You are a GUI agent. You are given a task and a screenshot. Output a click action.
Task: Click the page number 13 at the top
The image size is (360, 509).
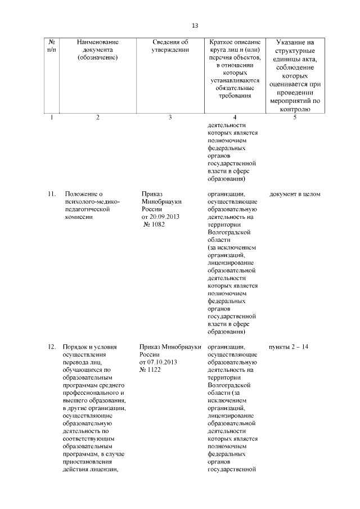pos(195,26)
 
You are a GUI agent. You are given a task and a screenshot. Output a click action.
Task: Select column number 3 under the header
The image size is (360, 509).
pos(170,117)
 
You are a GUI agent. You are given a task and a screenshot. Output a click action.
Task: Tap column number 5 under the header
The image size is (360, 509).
pos(294,117)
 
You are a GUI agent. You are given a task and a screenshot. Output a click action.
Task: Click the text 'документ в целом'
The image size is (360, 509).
pos(295,194)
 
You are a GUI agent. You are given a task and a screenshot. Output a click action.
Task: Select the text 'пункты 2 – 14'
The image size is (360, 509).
pos(289,346)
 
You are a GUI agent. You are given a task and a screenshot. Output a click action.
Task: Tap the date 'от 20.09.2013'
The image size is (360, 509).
pos(160,217)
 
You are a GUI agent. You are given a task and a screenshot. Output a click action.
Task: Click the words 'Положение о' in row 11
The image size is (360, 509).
pos(84,194)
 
